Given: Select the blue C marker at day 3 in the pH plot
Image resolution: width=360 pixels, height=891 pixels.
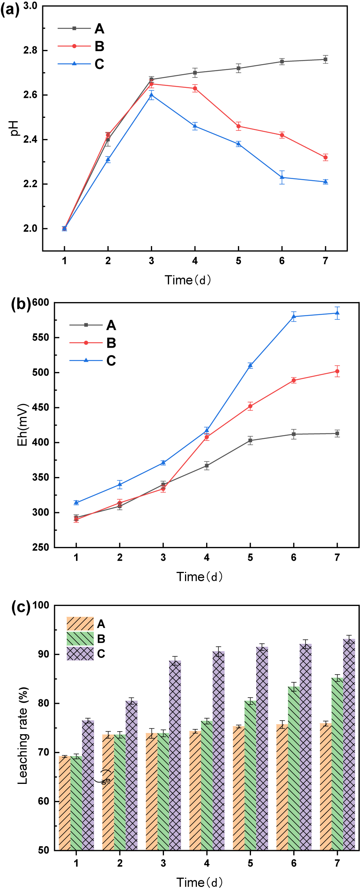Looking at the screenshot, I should click(x=151, y=95).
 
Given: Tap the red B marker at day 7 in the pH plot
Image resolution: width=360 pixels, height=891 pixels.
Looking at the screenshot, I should click(x=325, y=158).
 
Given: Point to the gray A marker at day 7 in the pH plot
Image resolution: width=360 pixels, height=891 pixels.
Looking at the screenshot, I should click(x=325, y=59).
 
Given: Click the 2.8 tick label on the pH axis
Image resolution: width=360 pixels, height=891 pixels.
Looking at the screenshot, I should click(x=30, y=50).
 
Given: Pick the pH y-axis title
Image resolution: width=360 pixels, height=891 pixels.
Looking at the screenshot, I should click(x=14, y=128).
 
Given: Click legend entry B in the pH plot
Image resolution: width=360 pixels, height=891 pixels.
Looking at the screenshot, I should click(x=99, y=46).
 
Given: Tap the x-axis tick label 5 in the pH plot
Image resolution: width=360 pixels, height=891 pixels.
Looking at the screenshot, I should click(x=238, y=261).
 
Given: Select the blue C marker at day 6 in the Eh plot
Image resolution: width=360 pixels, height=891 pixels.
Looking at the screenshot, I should click(x=294, y=317).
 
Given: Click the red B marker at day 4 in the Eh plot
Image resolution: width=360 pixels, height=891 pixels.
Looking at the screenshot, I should click(x=207, y=437).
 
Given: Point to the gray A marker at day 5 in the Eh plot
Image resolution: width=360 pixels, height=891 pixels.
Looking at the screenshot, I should click(x=250, y=440).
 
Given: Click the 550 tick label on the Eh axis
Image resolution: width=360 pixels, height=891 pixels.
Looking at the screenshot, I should click(x=40, y=337).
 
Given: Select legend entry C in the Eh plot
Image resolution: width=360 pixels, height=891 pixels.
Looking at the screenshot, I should click(x=111, y=361).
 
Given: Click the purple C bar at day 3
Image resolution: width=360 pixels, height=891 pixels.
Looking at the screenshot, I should click(x=175, y=756).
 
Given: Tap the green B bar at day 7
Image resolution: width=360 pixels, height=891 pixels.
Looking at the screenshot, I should click(x=337, y=764).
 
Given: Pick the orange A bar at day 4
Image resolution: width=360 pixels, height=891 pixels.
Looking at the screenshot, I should click(x=195, y=789).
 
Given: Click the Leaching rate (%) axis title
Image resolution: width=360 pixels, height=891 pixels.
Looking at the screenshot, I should click(x=23, y=736).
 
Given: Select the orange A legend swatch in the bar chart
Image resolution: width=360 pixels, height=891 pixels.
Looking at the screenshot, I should click(x=80, y=624).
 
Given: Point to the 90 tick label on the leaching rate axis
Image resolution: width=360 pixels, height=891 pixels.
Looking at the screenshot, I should click(x=43, y=654).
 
